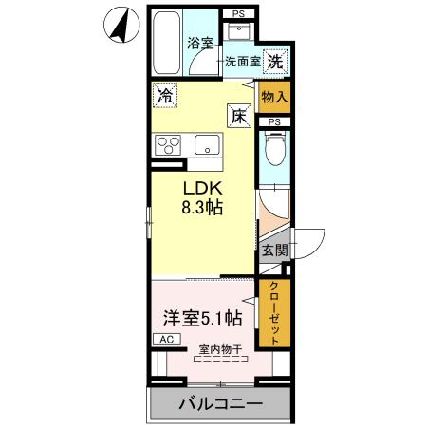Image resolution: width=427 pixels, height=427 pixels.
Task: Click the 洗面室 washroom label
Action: click(242, 62)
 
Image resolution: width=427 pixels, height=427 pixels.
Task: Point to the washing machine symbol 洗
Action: click(275, 61)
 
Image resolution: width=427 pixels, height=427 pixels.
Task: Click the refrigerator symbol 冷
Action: click(166, 95)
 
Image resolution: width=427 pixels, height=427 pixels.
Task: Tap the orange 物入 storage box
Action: click(274, 97)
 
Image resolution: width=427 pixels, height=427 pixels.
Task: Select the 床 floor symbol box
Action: click(238, 116)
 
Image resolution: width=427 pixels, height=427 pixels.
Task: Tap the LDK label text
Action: click(201, 186)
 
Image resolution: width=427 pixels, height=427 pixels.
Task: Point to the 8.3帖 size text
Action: click(201, 207)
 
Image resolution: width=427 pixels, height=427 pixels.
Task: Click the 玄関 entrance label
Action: click(274, 251)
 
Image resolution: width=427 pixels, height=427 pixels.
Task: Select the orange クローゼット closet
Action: click(274, 313)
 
